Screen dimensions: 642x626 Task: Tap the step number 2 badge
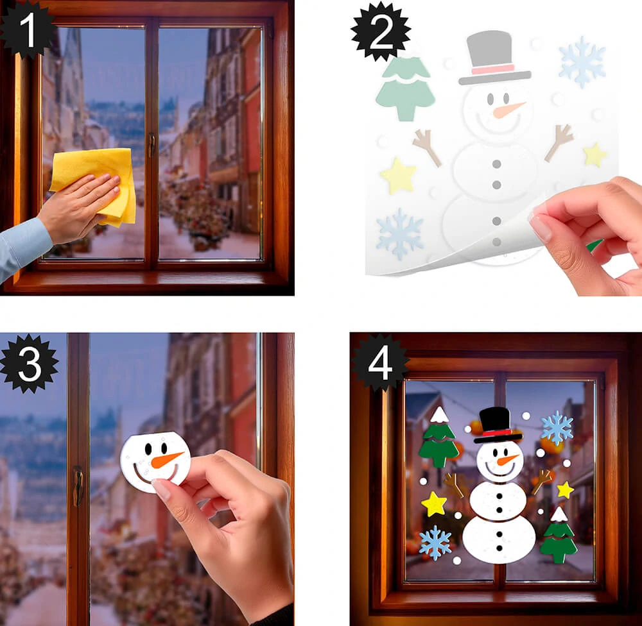381,32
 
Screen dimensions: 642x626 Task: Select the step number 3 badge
30,364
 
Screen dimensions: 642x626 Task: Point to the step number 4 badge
380,363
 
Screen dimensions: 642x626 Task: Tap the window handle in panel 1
152,145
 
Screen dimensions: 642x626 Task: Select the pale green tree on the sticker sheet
405,89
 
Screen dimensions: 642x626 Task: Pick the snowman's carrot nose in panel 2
508,110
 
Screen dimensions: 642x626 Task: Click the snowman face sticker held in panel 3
155,462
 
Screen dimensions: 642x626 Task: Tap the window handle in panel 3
78,486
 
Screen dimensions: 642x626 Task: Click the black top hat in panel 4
497,425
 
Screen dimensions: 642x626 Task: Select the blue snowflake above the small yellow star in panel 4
557,428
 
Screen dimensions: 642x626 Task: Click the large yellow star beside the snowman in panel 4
434,503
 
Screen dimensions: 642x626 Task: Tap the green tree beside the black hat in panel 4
438,439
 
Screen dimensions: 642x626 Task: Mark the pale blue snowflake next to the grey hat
582,62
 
